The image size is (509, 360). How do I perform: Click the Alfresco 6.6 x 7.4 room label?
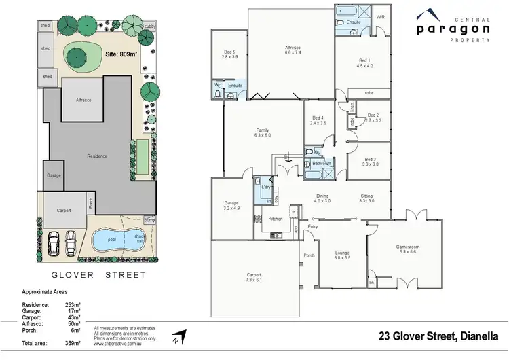(x=293, y=50)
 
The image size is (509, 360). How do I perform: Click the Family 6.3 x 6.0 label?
(x=263, y=132)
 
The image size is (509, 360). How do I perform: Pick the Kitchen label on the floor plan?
(x=276, y=219)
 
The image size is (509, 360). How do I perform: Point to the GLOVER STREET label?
(x=99, y=275)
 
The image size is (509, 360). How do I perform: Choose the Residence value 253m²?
(x=73, y=305)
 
